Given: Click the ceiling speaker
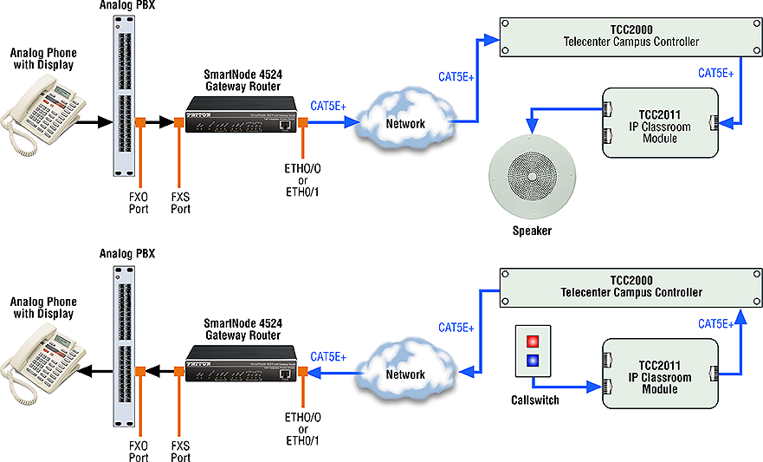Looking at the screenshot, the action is tap(532, 176).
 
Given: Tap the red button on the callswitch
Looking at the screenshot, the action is tap(533, 341).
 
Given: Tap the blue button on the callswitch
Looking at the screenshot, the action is tap(533, 361).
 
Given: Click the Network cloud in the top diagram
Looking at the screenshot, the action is tap(404, 117).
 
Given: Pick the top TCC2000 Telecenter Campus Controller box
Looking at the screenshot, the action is tap(630, 37).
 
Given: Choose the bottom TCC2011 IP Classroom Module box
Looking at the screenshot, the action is tap(660, 374).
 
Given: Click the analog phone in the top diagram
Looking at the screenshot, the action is tap(42, 116).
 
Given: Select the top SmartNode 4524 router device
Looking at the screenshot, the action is tap(242, 114).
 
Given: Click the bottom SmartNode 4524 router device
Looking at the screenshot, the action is tap(242, 363).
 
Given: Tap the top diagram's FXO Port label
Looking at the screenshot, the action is tap(139, 203).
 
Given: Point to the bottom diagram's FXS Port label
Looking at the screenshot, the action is tap(180, 452).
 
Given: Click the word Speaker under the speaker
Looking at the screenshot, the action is tap(532, 231).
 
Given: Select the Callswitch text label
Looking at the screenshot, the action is tap(534, 400).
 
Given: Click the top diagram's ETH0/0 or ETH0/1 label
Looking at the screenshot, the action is tap(302, 180).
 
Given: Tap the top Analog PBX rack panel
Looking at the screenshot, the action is tap(124, 96).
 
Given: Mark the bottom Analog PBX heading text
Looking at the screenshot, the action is tap(127, 254).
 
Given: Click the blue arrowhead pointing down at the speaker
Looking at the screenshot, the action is tap(532, 127).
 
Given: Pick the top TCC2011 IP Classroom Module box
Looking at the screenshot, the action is tap(660, 123).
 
